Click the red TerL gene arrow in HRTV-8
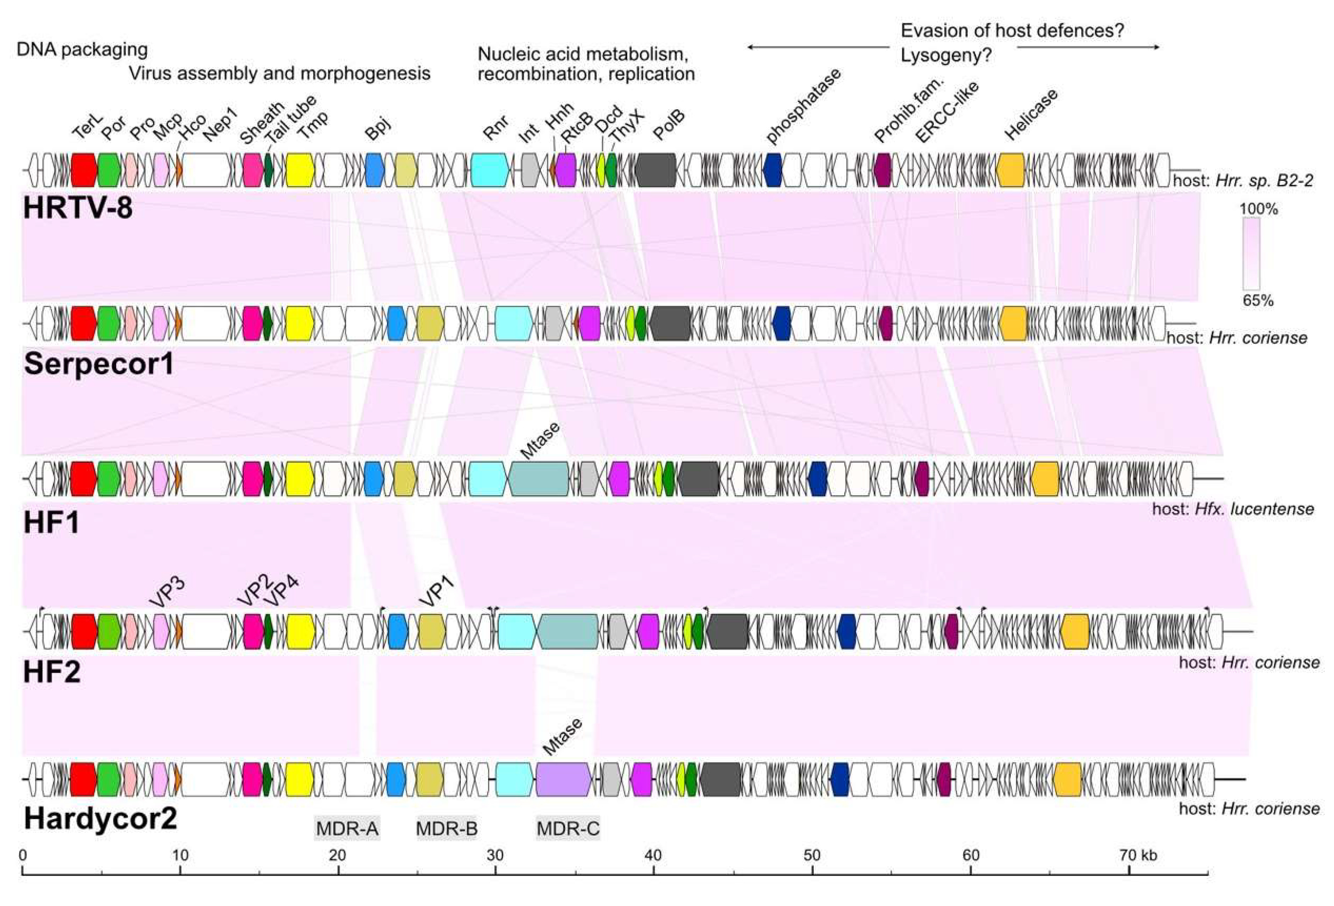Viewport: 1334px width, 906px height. click(x=84, y=170)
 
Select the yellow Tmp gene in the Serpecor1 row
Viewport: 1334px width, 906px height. click(x=300, y=323)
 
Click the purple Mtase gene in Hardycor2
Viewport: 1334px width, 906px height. click(x=563, y=779)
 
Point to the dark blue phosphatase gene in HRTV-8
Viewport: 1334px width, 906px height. click(x=772, y=170)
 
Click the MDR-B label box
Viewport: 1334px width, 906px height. click(x=446, y=828)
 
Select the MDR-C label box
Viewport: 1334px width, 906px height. click(x=568, y=828)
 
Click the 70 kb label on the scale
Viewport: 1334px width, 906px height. click(x=1138, y=855)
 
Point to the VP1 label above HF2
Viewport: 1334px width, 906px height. click(x=438, y=592)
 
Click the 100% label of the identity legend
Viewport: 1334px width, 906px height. click(x=1258, y=209)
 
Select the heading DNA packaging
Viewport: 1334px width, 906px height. click(x=82, y=49)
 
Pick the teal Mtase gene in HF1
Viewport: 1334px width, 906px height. click(x=538, y=478)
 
